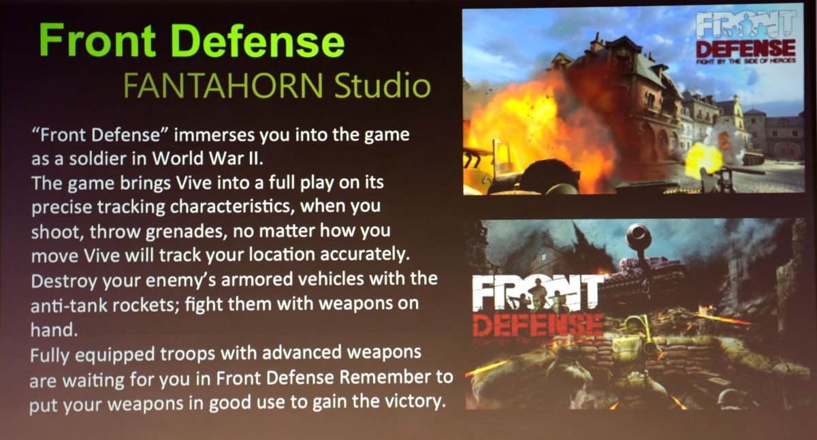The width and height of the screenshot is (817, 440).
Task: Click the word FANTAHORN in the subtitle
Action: pos(223,86)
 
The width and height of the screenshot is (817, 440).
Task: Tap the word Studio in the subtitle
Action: pos(383,85)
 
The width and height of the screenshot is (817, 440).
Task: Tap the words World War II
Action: pos(207,158)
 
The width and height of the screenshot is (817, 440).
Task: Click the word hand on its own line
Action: pos(54,330)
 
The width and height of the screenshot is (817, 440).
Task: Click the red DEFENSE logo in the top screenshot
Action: pos(746,49)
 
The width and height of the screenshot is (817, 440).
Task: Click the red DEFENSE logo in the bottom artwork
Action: pos(538,325)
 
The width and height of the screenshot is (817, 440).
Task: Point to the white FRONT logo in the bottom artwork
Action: pos(538,292)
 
